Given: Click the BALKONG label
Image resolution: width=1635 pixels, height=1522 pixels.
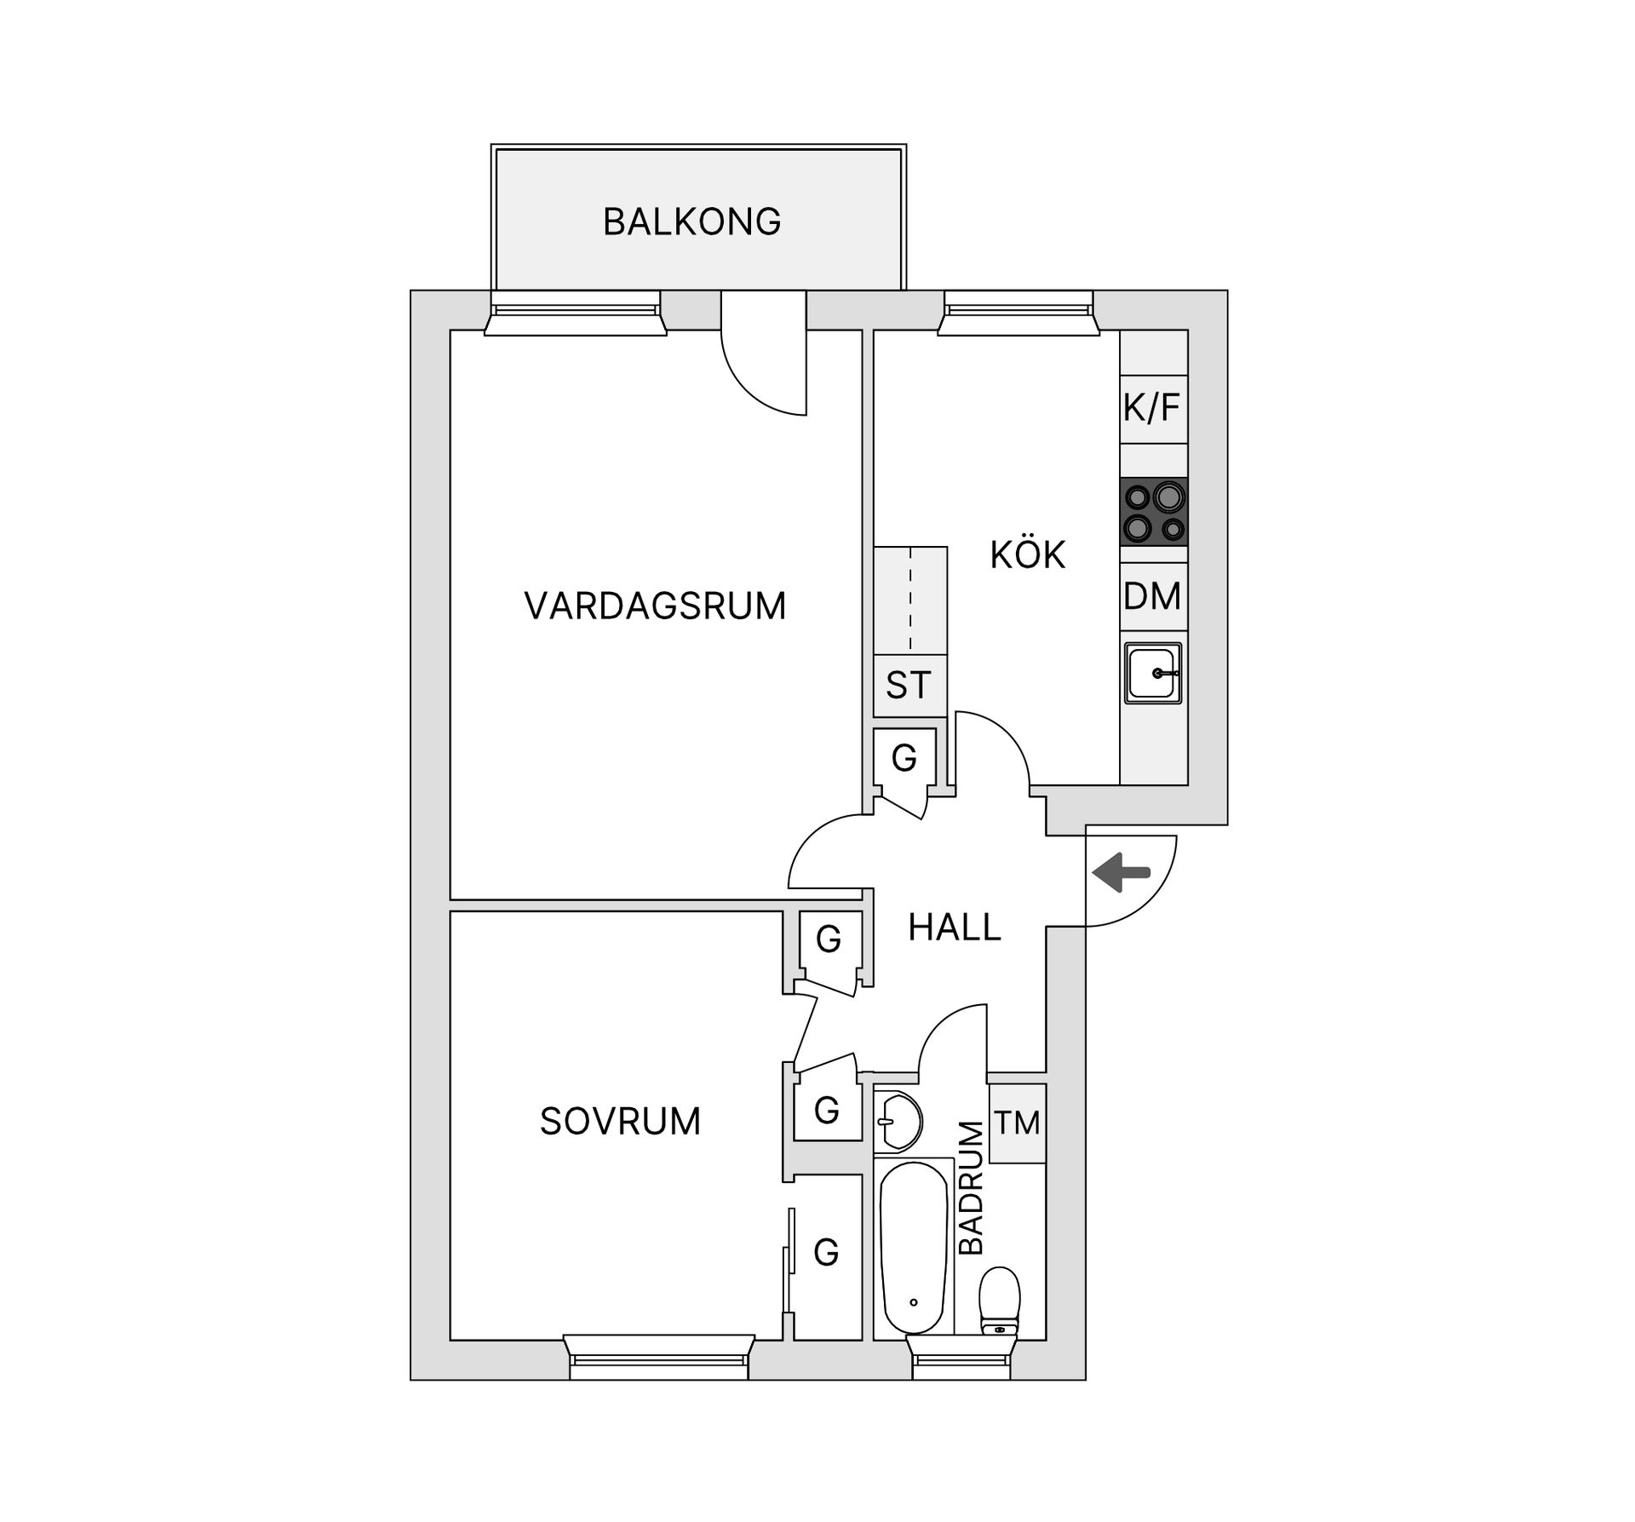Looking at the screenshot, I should pos(691,221).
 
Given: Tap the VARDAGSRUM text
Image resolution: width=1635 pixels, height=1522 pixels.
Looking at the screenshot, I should pos(655,606).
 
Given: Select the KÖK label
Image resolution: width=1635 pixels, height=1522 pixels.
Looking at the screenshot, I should pos(1027,555).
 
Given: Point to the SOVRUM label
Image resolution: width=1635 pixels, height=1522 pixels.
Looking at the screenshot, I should pos(620,1122).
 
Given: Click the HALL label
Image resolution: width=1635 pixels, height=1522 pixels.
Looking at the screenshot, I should pos(954,928).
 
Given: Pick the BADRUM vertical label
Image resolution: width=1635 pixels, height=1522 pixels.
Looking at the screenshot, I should pos(972,1187).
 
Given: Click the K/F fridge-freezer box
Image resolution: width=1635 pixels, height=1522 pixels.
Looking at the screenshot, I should pos(1153,409).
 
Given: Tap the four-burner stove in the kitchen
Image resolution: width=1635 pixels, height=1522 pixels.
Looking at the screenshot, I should pos(1154,512).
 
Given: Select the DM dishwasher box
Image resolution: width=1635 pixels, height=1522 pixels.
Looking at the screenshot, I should pos(1153,596).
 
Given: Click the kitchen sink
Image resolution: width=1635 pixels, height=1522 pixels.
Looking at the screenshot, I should pos(1153,673).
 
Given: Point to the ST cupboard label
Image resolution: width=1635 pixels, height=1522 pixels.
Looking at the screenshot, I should pos(909,686).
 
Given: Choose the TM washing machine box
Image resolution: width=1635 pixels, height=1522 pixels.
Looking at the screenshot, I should pos(1017,1123).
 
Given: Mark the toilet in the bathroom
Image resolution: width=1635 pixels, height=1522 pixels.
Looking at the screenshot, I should pos(999,1302).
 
